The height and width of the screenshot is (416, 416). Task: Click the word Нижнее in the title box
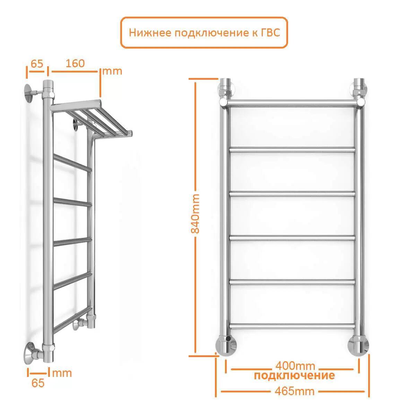point(150,33)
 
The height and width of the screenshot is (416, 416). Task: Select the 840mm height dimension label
point(196,214)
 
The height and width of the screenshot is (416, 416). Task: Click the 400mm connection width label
point(295,366)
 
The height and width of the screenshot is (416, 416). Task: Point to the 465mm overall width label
point(295,391)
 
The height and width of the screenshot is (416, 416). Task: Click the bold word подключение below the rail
point(294,376)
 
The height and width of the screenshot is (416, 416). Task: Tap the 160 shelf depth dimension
point(75,63)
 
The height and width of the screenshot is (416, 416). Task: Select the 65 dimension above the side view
point(37,63)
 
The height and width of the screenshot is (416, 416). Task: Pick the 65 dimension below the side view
point(38,383)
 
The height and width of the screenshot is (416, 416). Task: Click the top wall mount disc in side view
point(28,93)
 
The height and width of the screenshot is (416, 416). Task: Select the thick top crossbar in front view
point(292,103)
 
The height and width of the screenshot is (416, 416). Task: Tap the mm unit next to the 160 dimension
point(112,71)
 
